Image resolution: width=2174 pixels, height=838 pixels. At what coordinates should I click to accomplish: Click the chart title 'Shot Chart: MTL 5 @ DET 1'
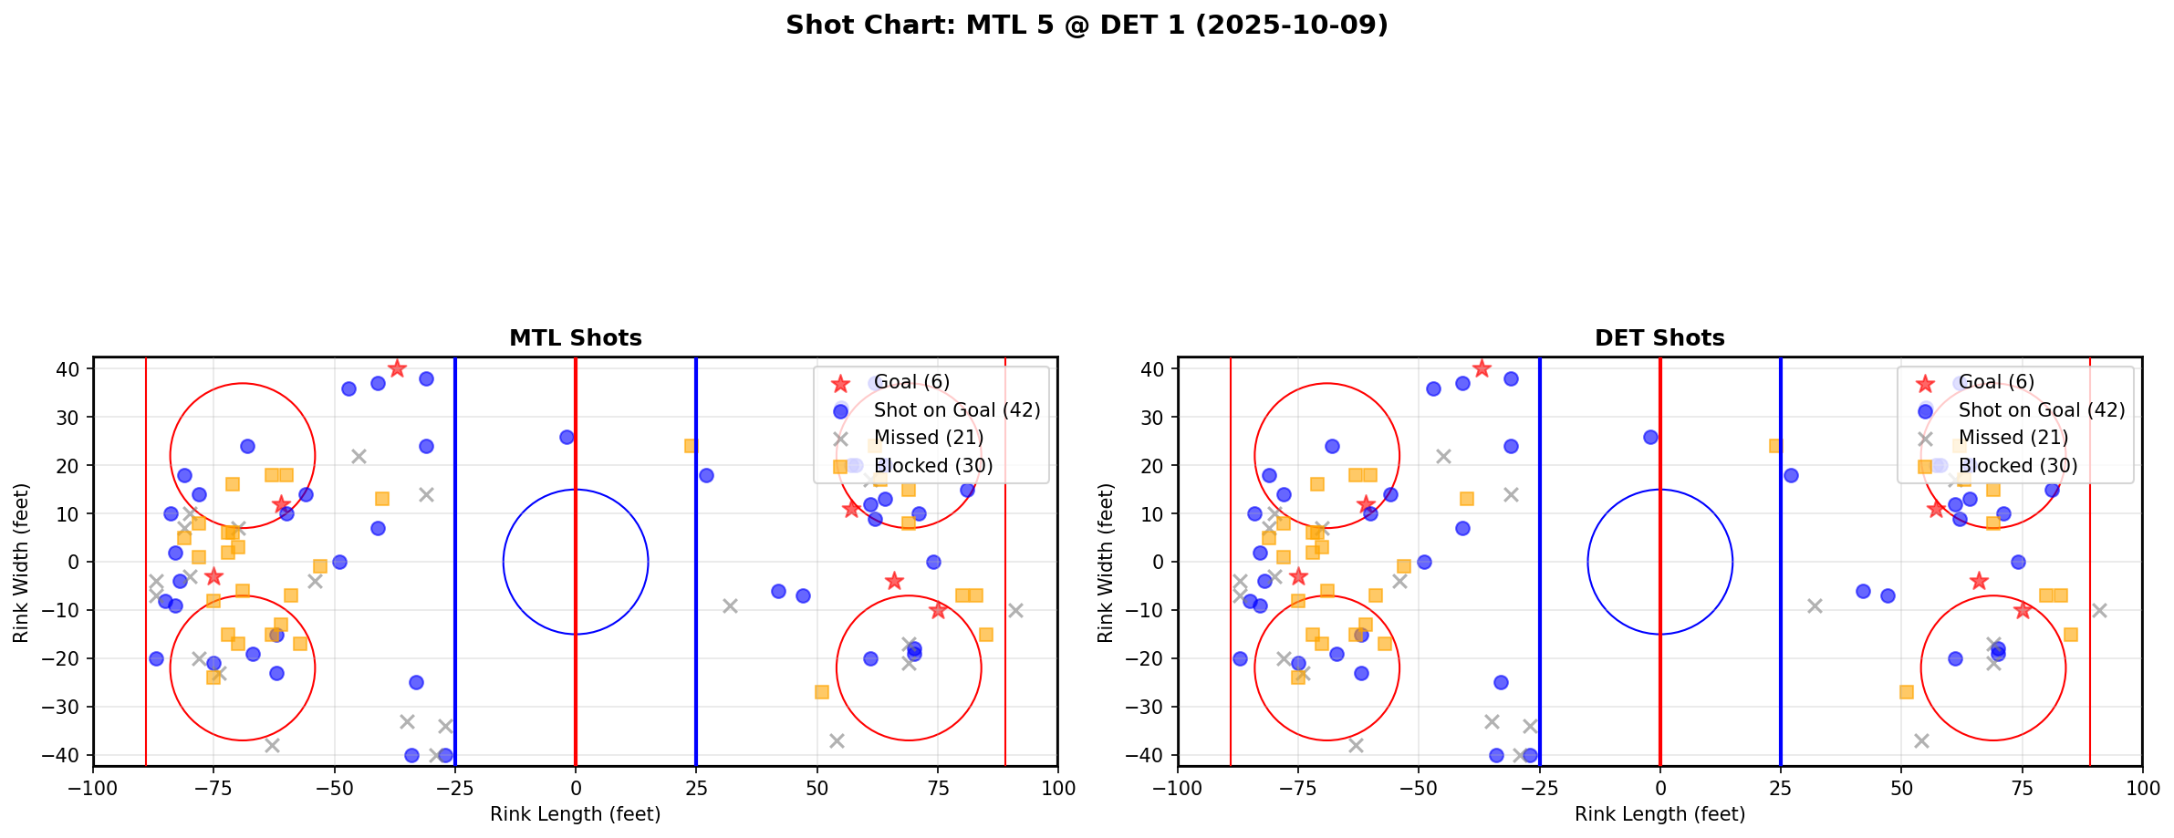(1086, 25)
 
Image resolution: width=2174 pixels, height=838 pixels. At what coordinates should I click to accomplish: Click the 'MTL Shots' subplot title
(575, 338)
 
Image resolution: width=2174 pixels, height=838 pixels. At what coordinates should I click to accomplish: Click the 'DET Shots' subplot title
(1659, 338)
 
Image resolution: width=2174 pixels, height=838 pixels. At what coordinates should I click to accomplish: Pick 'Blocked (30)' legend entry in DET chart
(2017, 466)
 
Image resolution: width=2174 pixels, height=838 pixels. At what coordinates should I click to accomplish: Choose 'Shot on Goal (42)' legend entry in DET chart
(2041, 410)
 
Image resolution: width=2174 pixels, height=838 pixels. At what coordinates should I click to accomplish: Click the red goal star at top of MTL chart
(397, 368)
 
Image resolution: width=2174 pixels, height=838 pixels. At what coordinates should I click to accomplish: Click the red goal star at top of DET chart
(1482, 368)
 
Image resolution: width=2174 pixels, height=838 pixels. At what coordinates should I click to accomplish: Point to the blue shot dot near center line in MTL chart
(567, 437)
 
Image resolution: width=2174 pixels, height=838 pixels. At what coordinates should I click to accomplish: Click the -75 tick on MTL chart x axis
(213, 787)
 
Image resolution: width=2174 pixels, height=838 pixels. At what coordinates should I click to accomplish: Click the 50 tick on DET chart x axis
(1900, 787)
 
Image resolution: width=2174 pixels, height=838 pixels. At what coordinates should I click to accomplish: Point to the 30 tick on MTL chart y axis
(68, 418)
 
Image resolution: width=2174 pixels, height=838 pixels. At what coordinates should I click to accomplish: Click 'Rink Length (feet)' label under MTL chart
(575, 814)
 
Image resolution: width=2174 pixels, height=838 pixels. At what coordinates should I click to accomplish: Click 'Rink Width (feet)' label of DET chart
(1105, 562)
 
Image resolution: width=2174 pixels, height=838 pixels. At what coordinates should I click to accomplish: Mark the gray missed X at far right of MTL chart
(1015, 610)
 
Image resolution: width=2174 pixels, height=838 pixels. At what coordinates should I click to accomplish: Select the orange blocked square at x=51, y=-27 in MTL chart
(821, 692)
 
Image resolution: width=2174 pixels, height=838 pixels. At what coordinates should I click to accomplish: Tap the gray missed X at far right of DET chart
(2099, 610)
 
